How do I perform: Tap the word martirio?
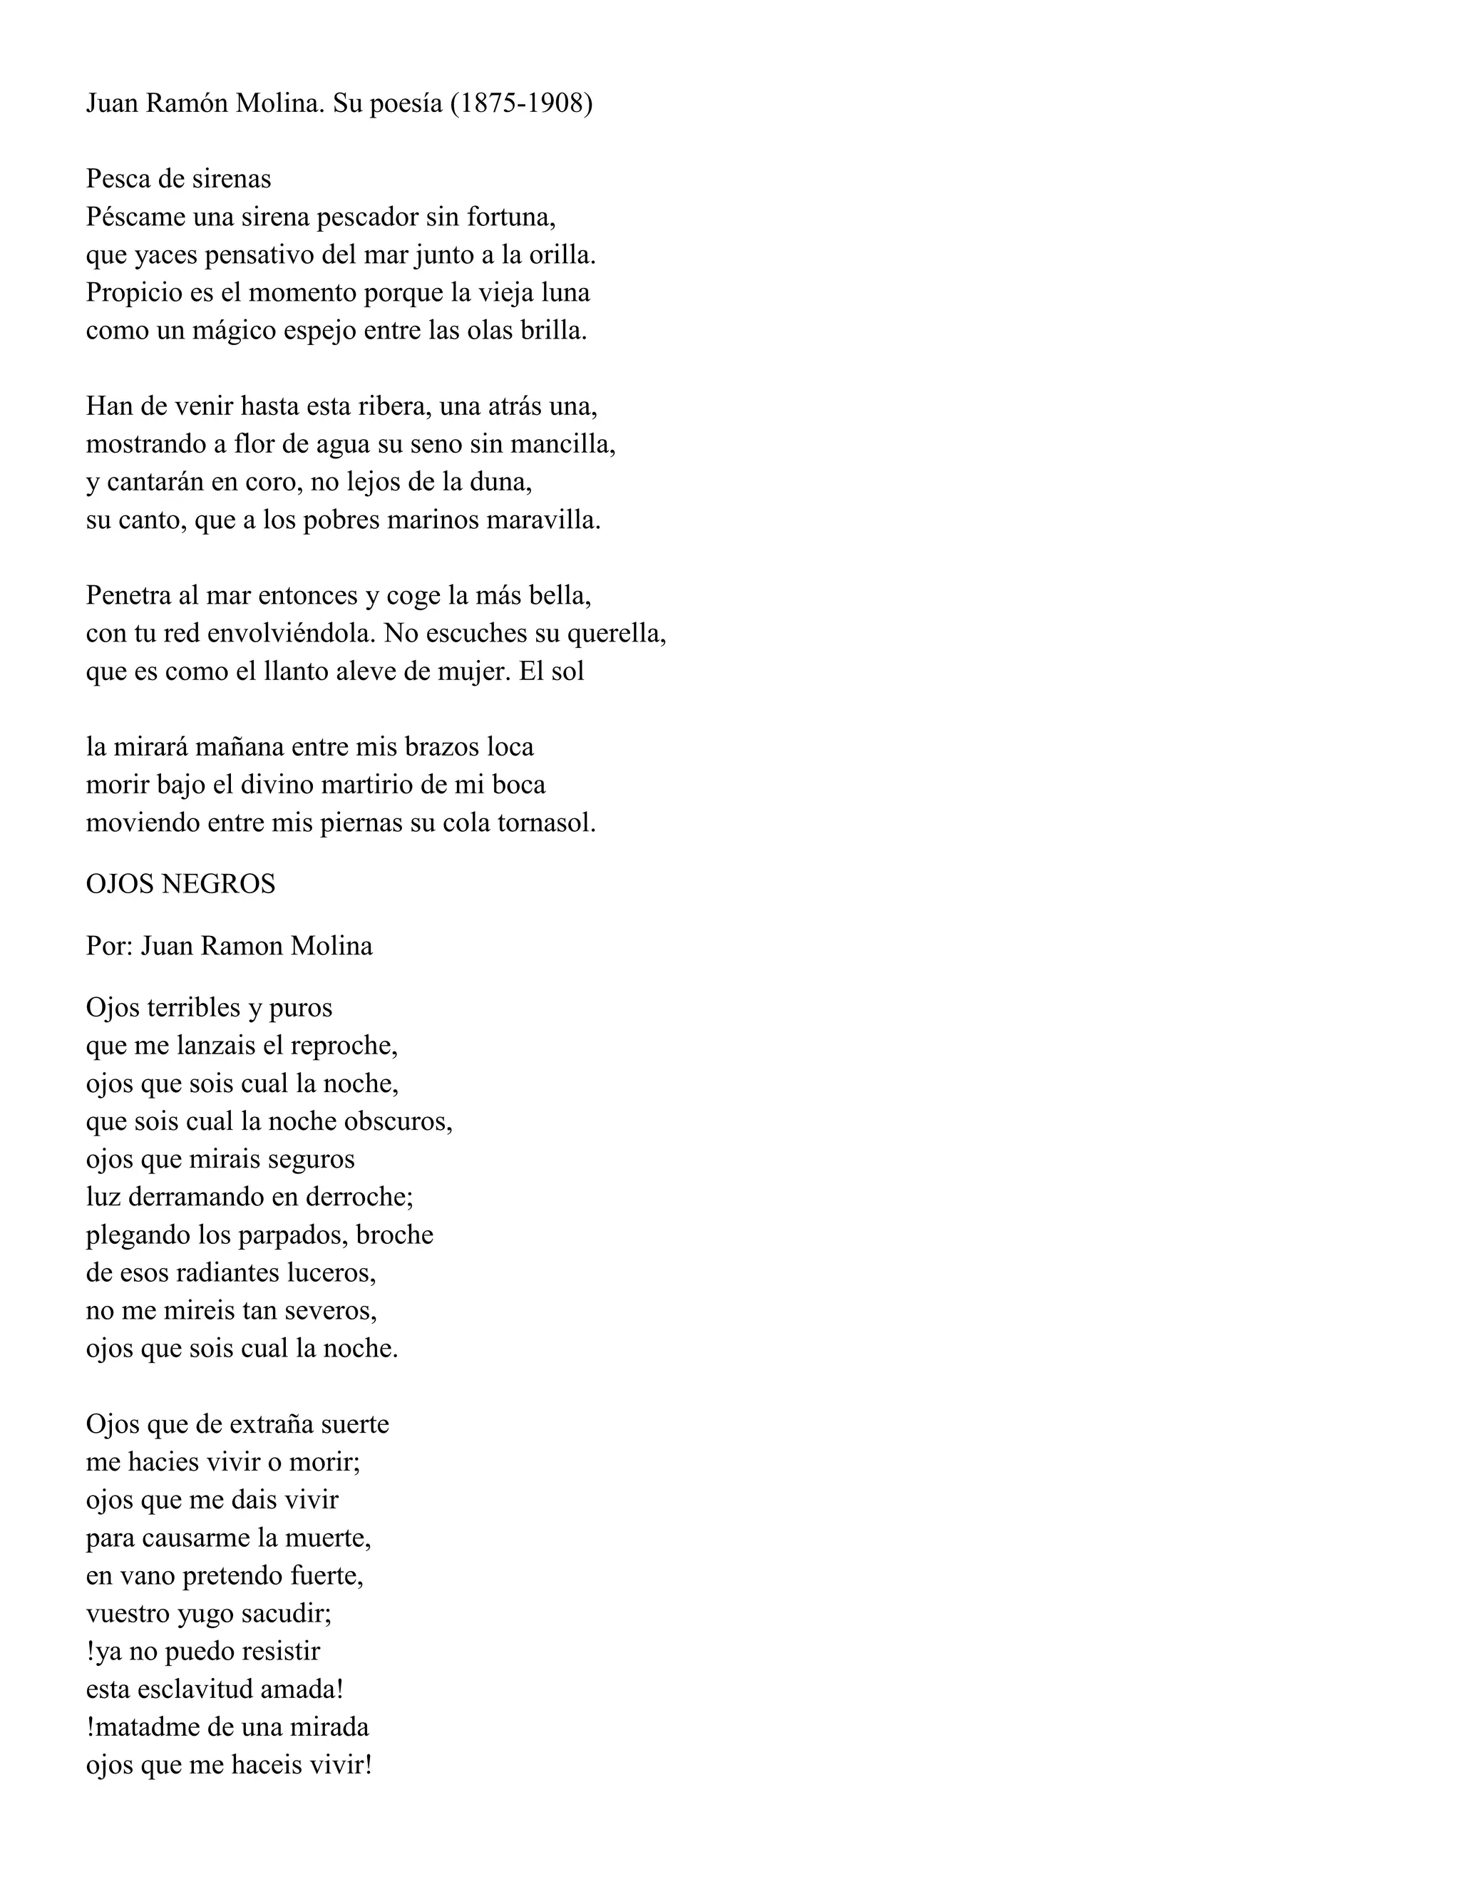click(370, 785)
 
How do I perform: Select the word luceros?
click(336, 1272)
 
